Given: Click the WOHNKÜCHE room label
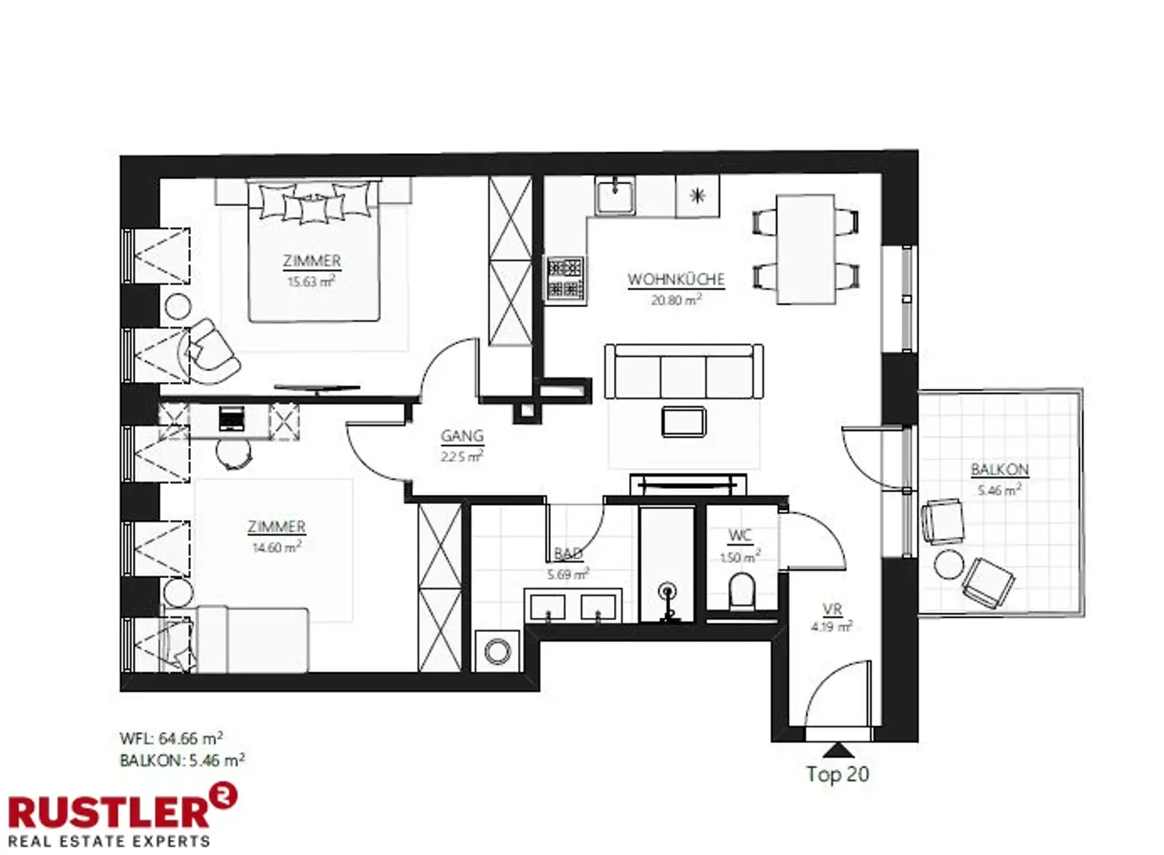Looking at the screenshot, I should click(675, 279).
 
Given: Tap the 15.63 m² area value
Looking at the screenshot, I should click(311, 281).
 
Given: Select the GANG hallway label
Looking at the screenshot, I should click(462, 436).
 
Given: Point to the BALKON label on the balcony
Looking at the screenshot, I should click(1000, 469).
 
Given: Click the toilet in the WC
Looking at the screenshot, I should click(741, 591).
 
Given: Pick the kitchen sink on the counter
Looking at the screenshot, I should click(615, 196).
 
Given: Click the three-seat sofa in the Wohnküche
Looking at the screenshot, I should click(684, 372).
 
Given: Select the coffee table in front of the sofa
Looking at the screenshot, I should click(684, 421).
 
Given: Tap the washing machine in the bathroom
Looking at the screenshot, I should click(497, 650).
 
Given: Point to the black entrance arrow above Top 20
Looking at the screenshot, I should click(837, 750).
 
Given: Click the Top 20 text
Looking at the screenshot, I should click(837, 774).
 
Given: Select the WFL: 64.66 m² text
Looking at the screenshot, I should click(171, 738).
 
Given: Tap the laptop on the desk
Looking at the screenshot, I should click(231, 418).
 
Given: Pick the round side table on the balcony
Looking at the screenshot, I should click(948, 564).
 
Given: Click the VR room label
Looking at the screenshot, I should click(832, 609).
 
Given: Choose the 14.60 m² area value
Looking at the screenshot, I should click(277, 547).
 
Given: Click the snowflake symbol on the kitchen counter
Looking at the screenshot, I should click(697, 196).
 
